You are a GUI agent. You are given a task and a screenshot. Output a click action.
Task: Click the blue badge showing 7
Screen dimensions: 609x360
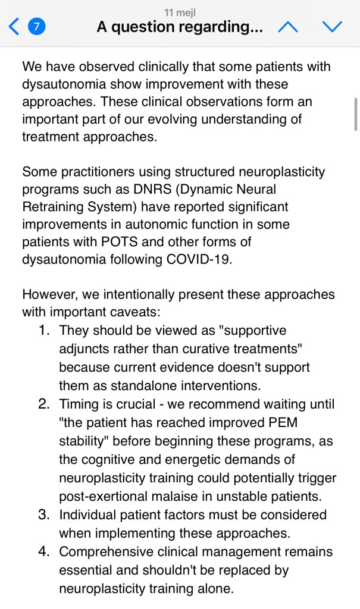click(37, 27)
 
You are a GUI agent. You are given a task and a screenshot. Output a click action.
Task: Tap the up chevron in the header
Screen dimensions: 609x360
click(288, 26)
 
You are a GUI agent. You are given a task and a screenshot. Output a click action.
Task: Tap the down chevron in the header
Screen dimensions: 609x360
click(332, 26)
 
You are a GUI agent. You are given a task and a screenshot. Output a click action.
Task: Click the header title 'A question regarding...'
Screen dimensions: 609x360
click(180, 27)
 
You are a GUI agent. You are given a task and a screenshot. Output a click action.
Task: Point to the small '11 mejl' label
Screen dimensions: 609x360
click(180, 12)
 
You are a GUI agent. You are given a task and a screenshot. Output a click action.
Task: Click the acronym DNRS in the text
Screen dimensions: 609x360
click(150, 190)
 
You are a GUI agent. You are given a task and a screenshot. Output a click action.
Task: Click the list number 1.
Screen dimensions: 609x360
click(43, 329)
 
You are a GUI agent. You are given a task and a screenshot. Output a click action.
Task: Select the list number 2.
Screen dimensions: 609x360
click(43, 404)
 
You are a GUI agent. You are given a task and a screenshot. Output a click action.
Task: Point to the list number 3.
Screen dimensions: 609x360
click(43, 514)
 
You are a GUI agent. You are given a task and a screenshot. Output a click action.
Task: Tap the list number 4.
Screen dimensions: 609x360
click(43, 552)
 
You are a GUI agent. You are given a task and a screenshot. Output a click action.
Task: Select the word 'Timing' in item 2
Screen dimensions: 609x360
click(79, 404)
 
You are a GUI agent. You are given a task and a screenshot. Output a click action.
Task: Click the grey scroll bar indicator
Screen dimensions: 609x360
click(355, 114)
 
